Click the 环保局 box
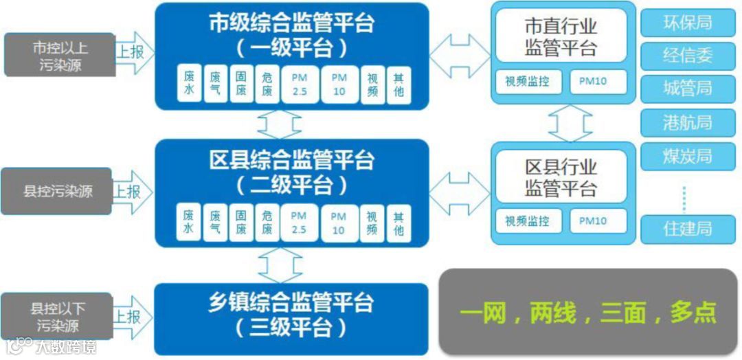point(686,23)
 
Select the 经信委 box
point(686,56)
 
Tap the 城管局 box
point(686,89)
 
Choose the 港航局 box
point(686,123)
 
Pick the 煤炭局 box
point(686,156)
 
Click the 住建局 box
point(686,229)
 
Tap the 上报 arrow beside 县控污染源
point(130,191)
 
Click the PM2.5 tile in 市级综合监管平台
point(299,85)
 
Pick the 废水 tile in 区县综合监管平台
point(188,223)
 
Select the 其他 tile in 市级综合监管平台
point(398,85)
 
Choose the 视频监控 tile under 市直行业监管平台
point(528,82)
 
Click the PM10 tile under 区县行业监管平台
point(593,221)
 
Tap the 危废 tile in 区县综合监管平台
point(267,223)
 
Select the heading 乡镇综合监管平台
point(291,302)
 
